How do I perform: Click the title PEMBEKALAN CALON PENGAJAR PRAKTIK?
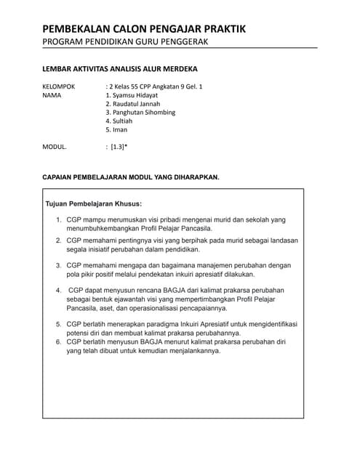[x=144, y=28]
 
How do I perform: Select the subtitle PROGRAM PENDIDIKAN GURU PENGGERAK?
[x=126, y=41]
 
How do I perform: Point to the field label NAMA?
[x=52, y=95]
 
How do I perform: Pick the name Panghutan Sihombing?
[x=144, y=113]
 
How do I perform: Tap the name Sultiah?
[x=120, y=121]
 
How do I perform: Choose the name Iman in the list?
[x=119, y=130]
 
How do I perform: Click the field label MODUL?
[x=55, y=147]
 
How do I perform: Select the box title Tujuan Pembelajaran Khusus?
[x=94, y=203]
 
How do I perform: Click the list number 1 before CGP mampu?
[x=59, y=219]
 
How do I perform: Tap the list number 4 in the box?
[x=59, y=290]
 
